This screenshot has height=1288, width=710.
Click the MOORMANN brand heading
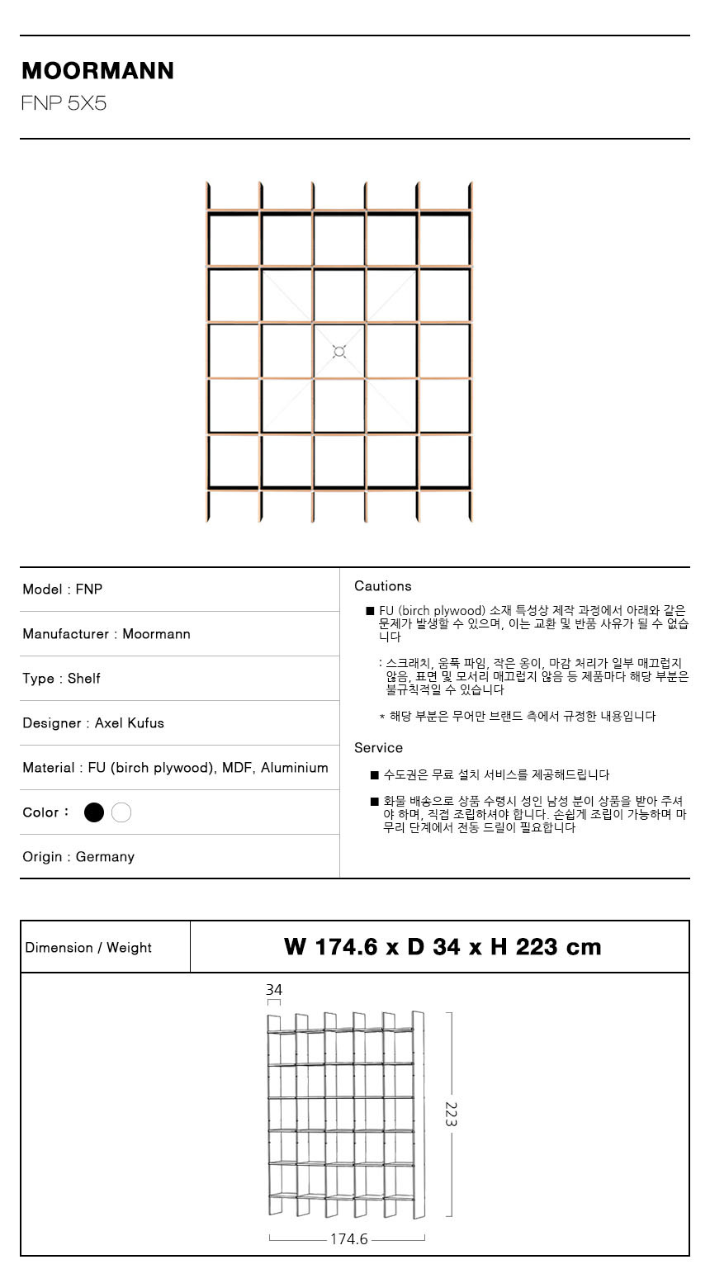coord(97,71)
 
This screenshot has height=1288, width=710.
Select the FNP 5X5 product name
coord(64,104)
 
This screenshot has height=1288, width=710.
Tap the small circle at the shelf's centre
coord(338,352)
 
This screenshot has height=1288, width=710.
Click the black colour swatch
coord(94,812)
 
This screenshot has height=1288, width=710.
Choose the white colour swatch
coord(121,812)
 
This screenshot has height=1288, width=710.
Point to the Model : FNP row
coord(63,590)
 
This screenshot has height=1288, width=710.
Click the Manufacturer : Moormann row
coord(106,634)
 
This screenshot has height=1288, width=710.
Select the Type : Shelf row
coord(62,679)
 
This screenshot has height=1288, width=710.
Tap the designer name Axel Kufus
coord(130,723)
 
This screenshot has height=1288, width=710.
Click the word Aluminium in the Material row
coord(295,768)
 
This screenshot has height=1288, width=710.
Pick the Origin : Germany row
coord(78,857)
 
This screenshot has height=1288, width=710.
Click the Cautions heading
coord(383,586)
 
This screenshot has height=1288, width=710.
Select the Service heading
coord(379,748)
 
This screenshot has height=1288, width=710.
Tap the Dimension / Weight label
coord(88,948)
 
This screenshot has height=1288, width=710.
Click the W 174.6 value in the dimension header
coord(329,947)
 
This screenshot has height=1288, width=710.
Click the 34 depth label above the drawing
coord(274,989)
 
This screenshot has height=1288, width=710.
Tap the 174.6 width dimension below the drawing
coord(348,1239)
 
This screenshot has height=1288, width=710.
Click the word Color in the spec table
coord(40,812)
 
